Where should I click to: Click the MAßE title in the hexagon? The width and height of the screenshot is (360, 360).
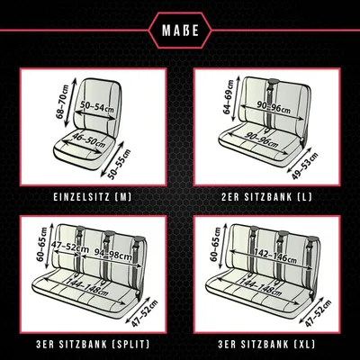click(x=180, y=31)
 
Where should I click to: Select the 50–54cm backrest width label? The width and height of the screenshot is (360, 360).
click(x=97, y=106)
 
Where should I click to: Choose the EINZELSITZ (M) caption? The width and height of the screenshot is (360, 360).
click(x=93, y=197)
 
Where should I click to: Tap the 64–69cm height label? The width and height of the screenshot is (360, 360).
click(x=229, y=97)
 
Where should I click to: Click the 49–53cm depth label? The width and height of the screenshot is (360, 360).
click(x=304, y=166)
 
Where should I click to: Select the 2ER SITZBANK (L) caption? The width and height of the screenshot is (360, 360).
click(x=266, y=197)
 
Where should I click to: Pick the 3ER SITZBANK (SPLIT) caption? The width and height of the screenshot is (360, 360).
click(x=93, y=344)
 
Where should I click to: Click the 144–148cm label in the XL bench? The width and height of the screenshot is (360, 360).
click(x=261, y=287)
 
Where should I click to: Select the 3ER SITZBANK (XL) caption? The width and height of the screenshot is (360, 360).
click(x=266, y=344)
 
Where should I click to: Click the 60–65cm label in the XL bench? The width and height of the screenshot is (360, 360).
click(x=215, y=245)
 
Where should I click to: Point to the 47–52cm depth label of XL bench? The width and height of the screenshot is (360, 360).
click(x=319, y=313)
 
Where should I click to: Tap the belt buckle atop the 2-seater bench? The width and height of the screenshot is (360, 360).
click(x=274, y=81)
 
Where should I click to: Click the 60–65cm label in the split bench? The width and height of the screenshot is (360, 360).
click(x=41, y=245)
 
